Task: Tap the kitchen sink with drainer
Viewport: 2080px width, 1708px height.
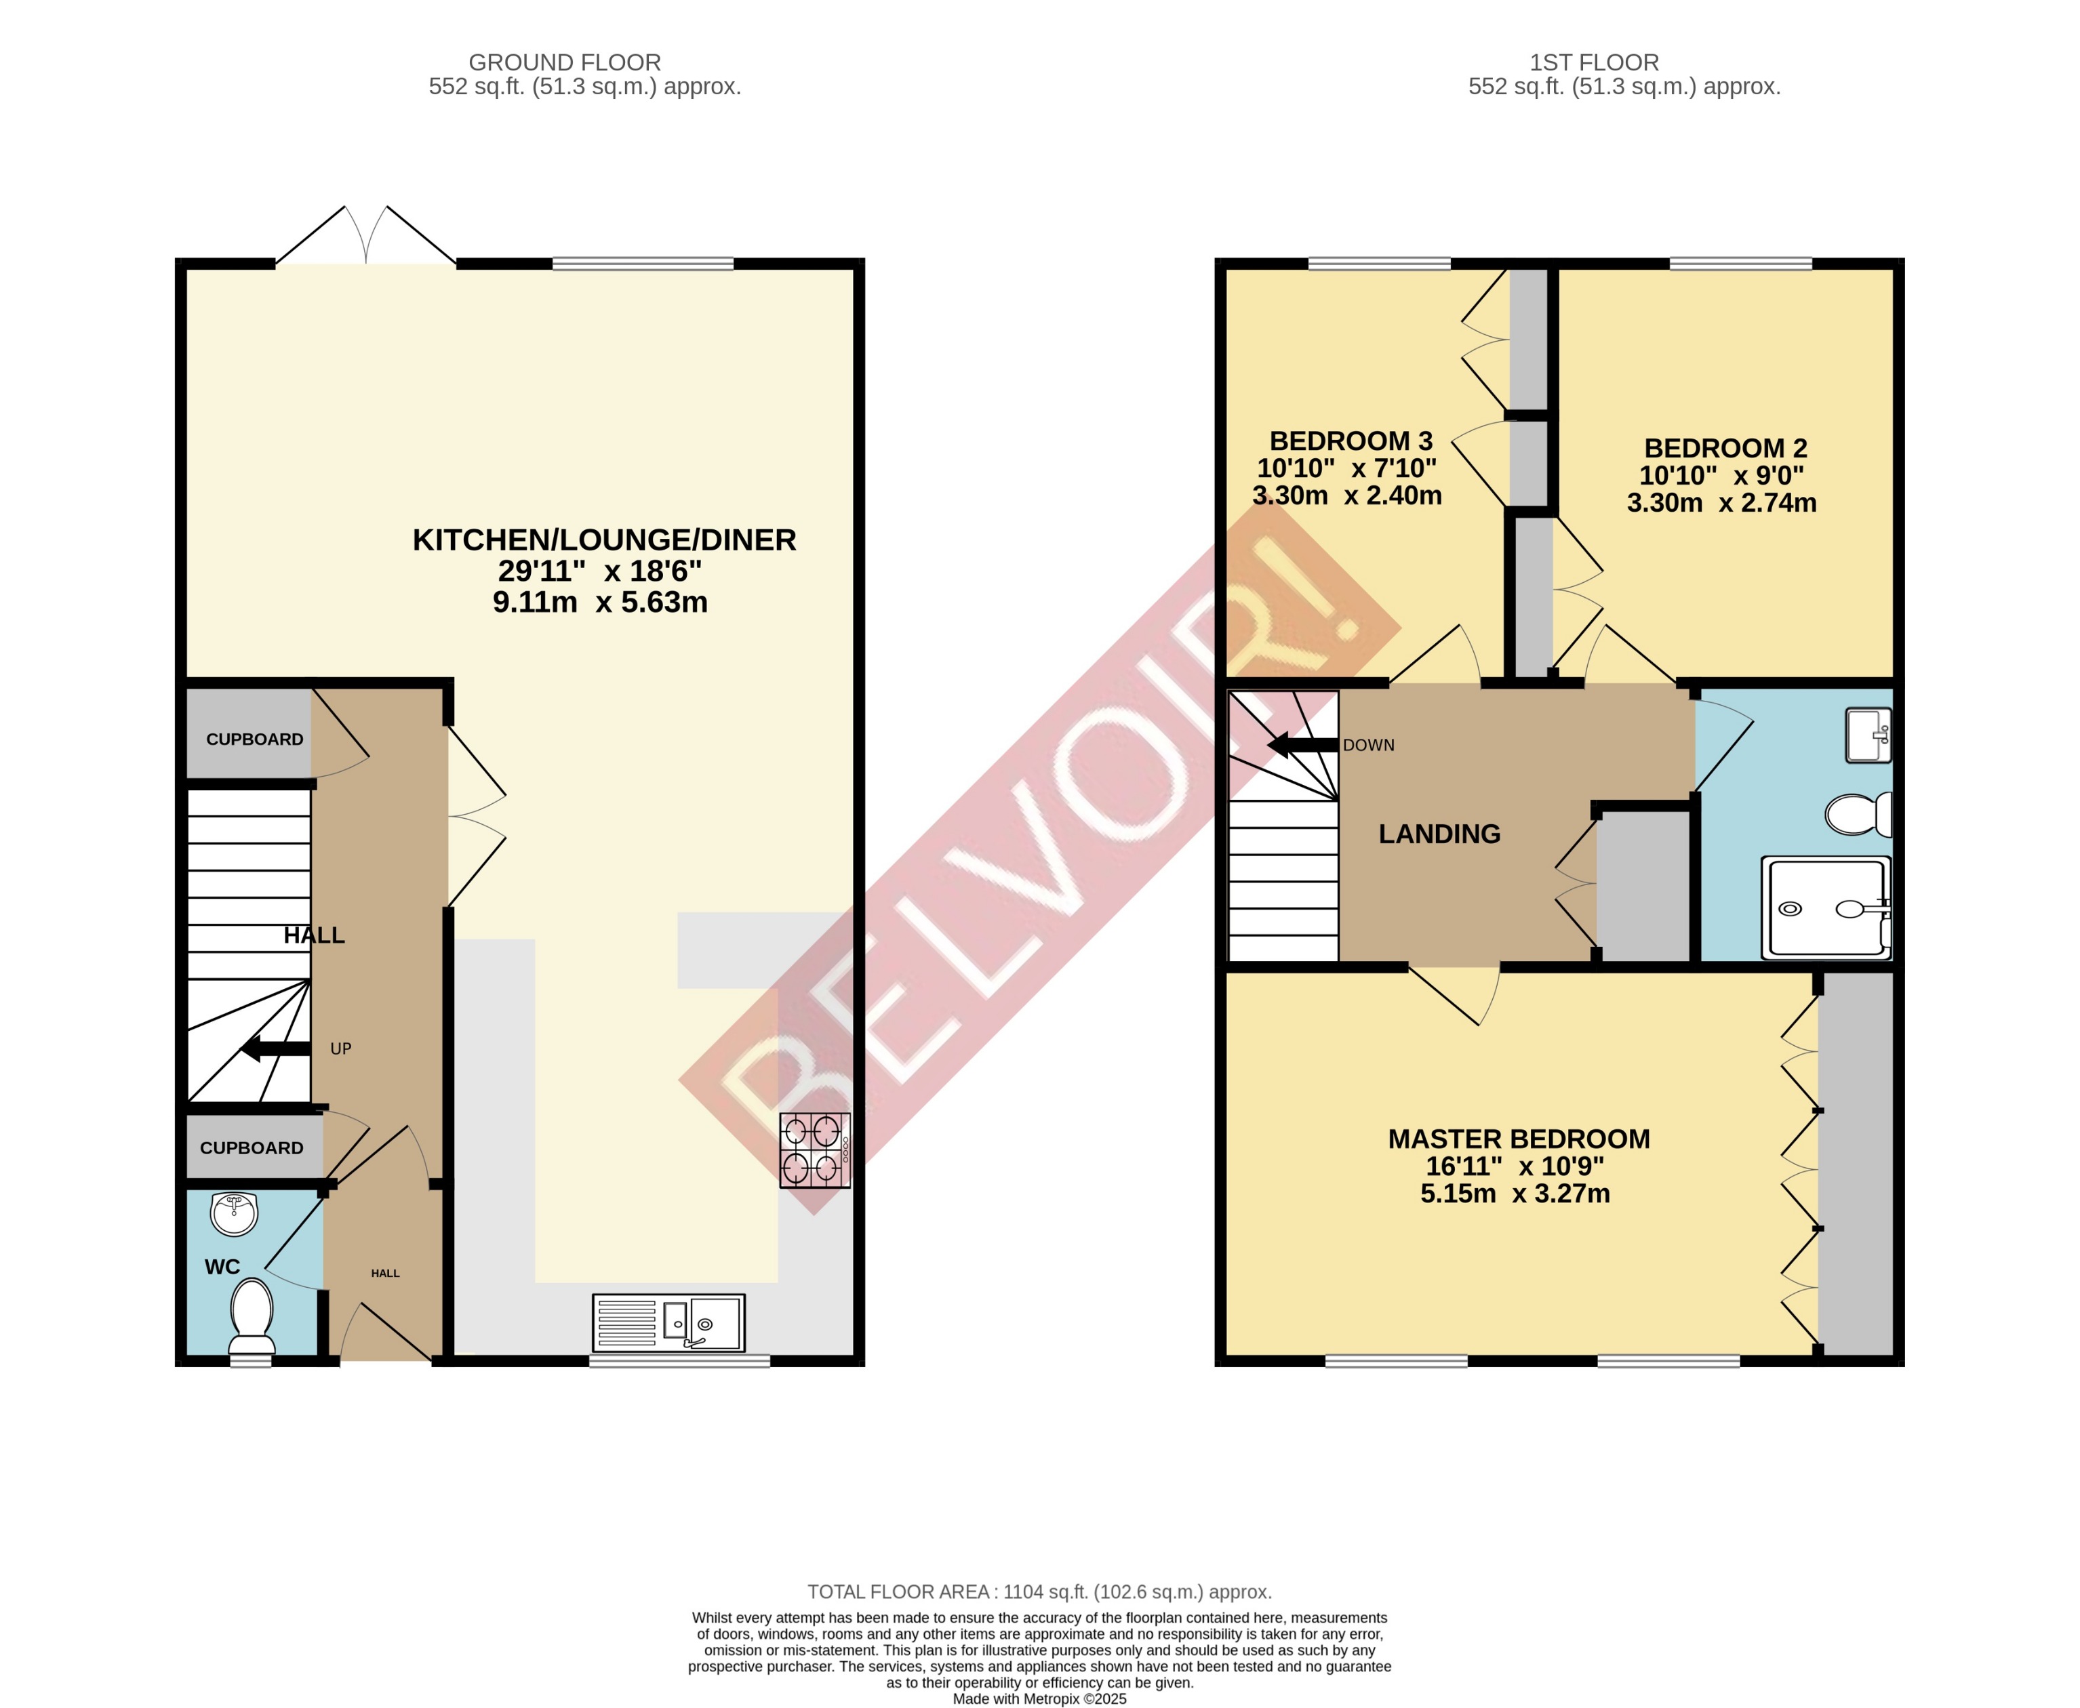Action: pyautogui.click(x=668, y=1322)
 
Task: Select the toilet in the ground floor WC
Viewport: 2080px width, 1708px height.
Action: pyautogui.click(x=252, y=1316)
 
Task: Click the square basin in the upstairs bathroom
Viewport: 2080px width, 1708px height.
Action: pyautogui.click(x=1868, y=735)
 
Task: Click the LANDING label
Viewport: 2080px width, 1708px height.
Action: pyautogui.click(x=1439, y=834)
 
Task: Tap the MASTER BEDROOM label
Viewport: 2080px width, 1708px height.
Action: pyautogui.click(x=1518, y=1139)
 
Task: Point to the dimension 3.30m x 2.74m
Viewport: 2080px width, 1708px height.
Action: pyautogui.click(x=1721, y=503)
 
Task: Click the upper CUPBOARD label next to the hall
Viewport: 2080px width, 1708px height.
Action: pyautogui.click(x=254, y=739)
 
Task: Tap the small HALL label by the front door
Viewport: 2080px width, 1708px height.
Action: pyautogui.click(x=384, y=1273)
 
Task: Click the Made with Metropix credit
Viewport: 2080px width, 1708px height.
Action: pyautogui.click(x=1039, y=1698)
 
